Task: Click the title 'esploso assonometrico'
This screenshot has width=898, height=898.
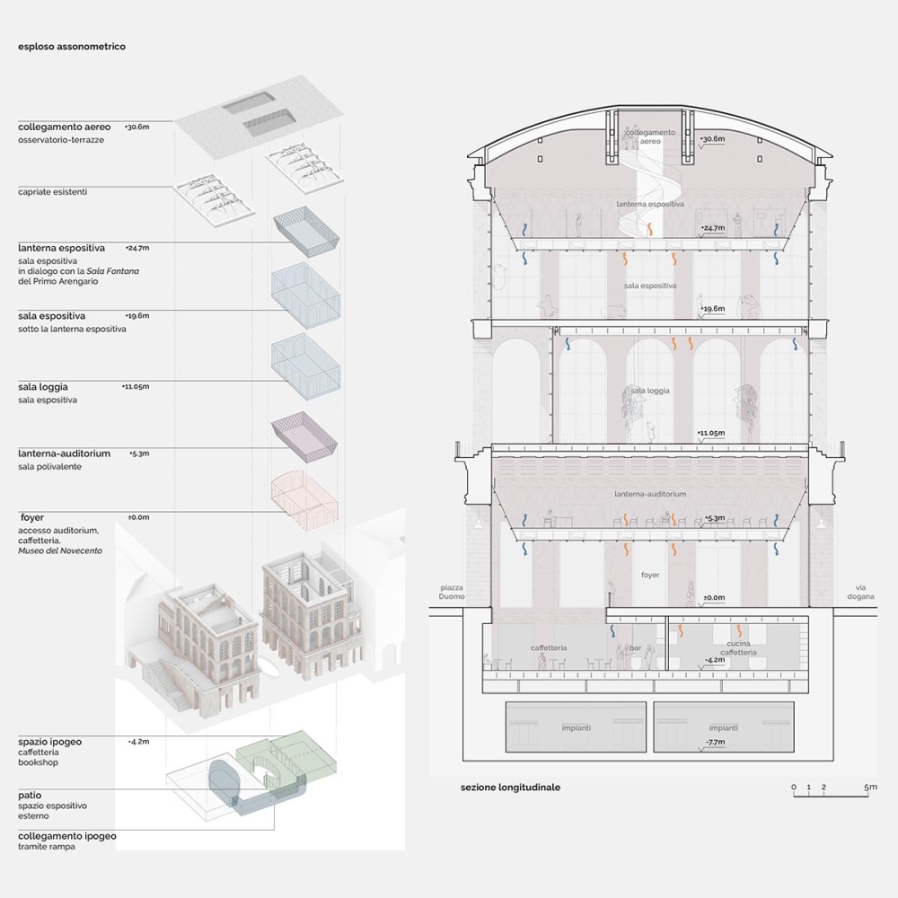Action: click(72, 47)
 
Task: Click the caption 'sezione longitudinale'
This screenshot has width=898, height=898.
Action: click(510, 788)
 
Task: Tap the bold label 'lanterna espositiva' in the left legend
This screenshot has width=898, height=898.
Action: click(61, 248)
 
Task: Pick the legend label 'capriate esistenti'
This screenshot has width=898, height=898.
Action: click(53, 191)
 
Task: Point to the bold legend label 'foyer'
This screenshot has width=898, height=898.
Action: click(32, 518)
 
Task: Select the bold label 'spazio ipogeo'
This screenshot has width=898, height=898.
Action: click(50, 743)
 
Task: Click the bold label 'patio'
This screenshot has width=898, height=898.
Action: click(30, 796)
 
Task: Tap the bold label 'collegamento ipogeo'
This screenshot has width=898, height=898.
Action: click(67, 836)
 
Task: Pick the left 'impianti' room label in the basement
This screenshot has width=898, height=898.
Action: click(577, 727)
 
